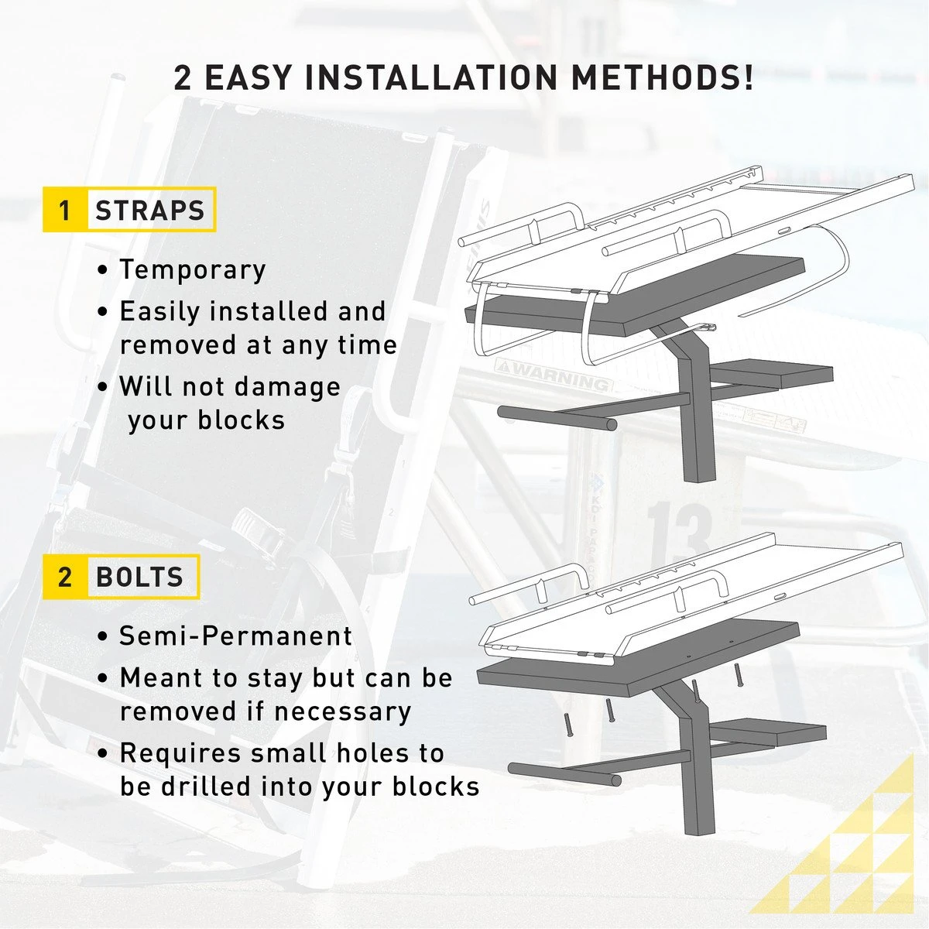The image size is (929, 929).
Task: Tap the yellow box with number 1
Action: pos(64,210)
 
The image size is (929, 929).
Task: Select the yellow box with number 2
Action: pos(64,577)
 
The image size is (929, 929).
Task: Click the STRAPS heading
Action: pos(150,210)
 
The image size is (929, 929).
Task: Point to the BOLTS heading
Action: pos(140,577)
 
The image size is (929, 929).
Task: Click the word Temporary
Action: pos(193,269)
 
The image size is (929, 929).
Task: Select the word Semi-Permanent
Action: pos(236,636)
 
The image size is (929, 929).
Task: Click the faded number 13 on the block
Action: pos(678,531)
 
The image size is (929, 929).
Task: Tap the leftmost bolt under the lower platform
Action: pos(568,725)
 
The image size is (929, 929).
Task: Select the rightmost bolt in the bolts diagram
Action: pos(738,674)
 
